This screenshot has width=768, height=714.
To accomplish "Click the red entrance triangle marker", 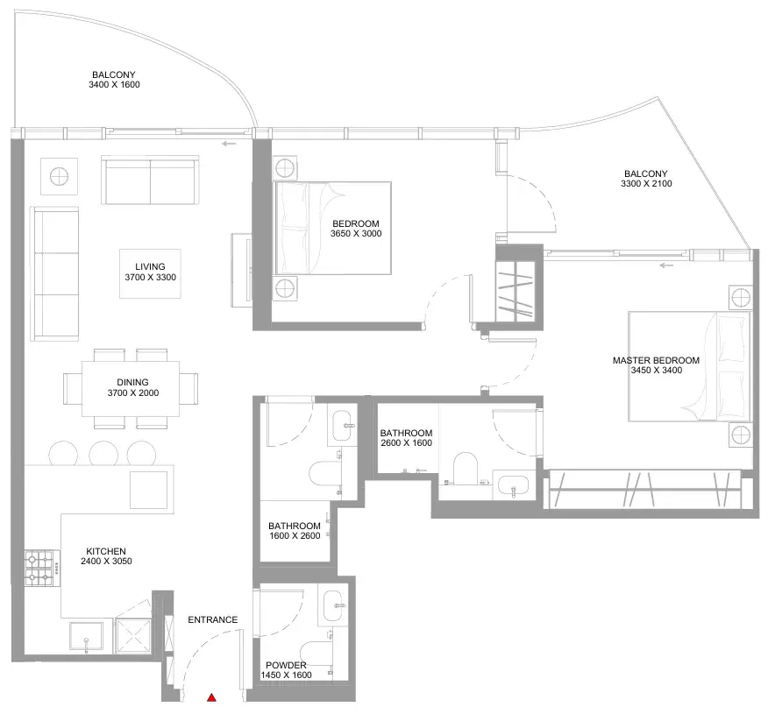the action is [x=211, y=697].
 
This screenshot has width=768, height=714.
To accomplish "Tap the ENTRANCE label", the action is [x=212, y=619].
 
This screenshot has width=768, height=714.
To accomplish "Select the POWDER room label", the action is [x=286, y=665].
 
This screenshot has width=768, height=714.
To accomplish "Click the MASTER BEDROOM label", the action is [x=656, y=360].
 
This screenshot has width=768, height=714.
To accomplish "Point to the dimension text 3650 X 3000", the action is [x=356, y=233].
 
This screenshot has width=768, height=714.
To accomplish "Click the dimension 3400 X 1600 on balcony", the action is [x=114, y=85].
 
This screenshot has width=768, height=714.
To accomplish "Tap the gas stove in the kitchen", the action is [x=39, y=569].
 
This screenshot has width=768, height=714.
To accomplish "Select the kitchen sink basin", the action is [x=86, y=637].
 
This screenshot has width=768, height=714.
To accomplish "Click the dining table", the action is [x=131, y=389].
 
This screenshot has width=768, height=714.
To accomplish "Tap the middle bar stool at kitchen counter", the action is [x=103, y=453].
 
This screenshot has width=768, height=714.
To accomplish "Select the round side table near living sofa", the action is [x=59, y=176].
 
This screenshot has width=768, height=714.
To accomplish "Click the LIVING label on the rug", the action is [x=151, y=266].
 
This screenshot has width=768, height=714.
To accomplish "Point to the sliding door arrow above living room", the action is [x=229, y=144].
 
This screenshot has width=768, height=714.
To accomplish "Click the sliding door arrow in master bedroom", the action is [x=666, y=265].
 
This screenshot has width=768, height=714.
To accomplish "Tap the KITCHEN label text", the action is [x=106, y=551].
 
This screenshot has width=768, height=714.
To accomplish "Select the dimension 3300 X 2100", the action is [x=646, y=183].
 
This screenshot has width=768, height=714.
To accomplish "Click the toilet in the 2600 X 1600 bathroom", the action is [x=466, y=468].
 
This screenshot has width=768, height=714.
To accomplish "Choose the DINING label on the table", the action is [x=132, y=382].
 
